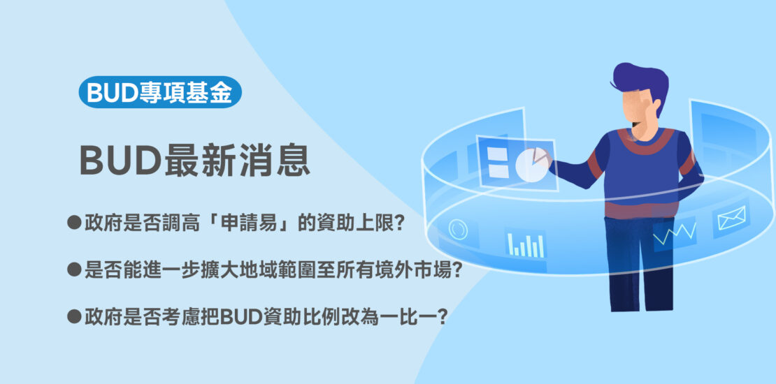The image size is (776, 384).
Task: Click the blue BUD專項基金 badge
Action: (x=160, y=92)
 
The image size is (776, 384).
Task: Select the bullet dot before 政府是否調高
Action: (x=74, y=223)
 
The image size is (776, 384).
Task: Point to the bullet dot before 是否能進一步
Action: (x=74, y=269)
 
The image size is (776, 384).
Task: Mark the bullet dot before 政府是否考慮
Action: (x=74, y=316)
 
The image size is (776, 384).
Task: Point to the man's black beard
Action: (x=638, y=123)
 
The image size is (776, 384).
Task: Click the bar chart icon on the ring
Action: (x=526, y=244)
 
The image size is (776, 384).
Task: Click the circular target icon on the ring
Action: (x=458, y=229)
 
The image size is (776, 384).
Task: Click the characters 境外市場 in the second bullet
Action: (x=417, y=269)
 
